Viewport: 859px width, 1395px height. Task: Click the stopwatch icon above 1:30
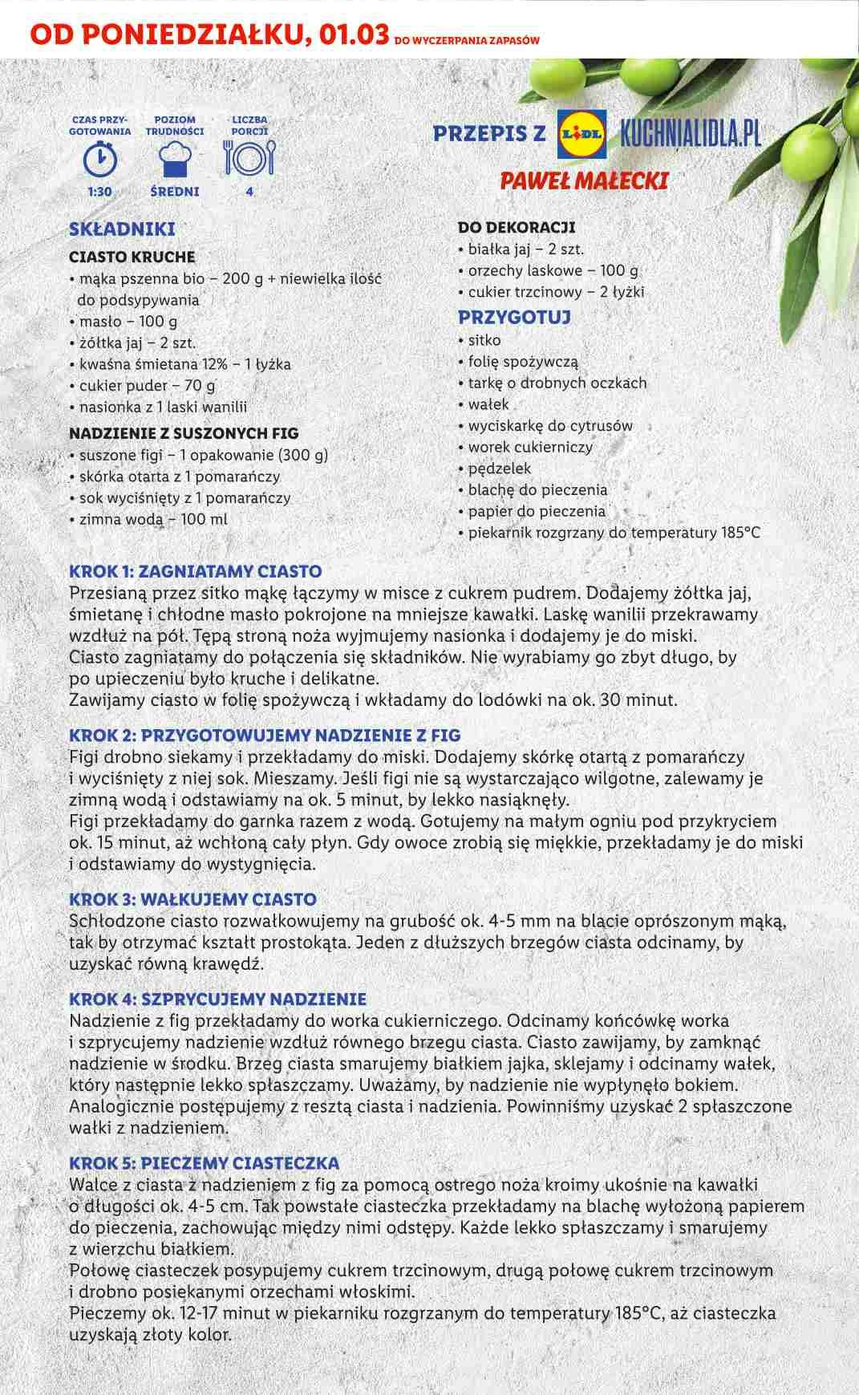(x=99, y=158)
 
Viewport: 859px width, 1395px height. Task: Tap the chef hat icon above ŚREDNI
(x=175, y=158)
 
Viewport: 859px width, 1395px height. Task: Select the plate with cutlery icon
(x=249, y=158)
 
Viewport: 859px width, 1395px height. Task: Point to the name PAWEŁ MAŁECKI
(x=583, y=180)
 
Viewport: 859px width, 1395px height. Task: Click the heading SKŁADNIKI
(x=122, y=229)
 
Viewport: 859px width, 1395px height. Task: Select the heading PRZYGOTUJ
(x=514, y=317)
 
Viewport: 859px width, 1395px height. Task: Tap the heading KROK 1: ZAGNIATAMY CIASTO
(x=196, y=572)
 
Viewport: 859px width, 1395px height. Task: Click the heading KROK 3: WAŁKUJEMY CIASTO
(x=192, y=899)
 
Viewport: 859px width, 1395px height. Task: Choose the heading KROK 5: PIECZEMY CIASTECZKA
(x=204, y=1163)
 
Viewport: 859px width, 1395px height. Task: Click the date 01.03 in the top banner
(x=354, y=35)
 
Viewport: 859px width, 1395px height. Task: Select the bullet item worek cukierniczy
(x=529, y=447)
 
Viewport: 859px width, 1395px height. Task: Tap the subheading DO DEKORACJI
(x=517, y=228)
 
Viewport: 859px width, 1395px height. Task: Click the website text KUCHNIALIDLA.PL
(x=691, y=133)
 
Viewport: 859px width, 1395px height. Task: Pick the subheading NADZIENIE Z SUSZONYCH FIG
(x=184, y=433)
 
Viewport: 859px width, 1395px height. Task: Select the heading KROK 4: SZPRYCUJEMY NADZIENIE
(x=217, y=999)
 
